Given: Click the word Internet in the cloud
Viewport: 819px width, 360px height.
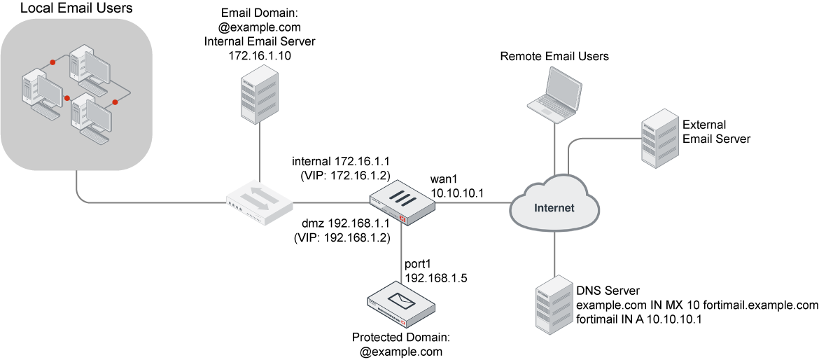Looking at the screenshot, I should click(554, 208).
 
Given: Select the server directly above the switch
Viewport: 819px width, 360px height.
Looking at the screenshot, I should click(260, 95).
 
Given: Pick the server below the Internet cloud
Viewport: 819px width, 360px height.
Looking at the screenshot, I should click(554, 304).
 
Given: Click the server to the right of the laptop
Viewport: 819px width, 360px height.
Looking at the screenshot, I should click(660, 138).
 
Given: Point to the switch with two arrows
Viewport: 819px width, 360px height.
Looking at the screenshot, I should click(260, 202).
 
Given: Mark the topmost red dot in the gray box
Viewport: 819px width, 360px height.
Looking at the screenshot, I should click(52, 62).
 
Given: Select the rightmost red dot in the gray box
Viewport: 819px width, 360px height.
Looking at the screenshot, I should click(115, 102).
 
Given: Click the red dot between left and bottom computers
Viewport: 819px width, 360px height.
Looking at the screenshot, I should click(67, 98).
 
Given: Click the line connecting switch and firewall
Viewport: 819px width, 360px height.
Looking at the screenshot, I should click(330, 203).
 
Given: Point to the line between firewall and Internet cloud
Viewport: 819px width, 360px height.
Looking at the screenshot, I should click(472, 203).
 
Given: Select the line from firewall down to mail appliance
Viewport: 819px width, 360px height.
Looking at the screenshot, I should click(401, 252).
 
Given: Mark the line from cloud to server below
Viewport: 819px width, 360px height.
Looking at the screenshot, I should click(554, 252).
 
